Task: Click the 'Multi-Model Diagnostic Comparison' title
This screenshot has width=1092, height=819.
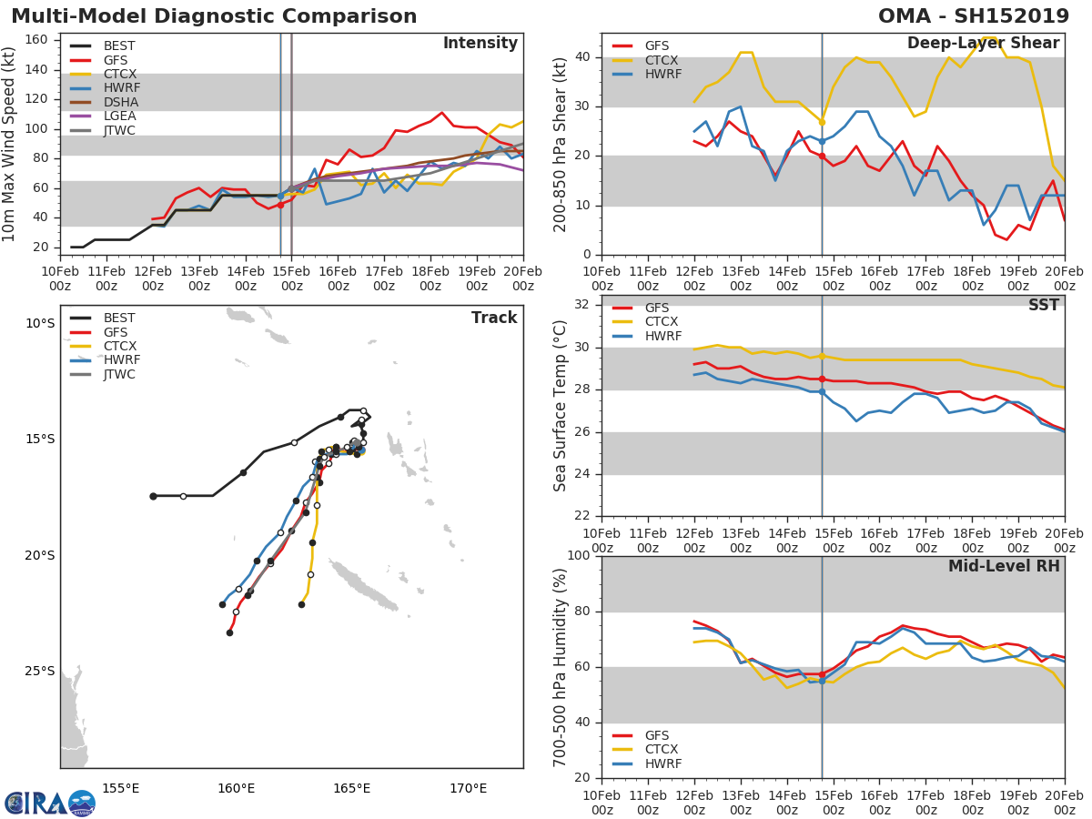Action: tap(214, 16)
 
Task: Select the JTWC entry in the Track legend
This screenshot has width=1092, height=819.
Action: tap(119, 374)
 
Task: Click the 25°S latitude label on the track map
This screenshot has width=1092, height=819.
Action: tap(39, 672)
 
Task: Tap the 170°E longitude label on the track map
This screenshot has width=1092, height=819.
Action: tap(468, 789)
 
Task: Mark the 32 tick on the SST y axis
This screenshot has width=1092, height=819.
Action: tap(582, 305)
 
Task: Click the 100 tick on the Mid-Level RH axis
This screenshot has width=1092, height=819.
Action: tap(579, 556)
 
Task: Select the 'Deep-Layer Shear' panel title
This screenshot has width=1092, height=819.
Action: tap(983, 44)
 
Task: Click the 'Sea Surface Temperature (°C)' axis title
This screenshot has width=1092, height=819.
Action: tap(561, 406)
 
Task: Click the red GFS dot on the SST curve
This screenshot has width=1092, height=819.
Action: tap(822, 379)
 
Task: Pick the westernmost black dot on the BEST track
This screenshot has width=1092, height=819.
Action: tap(153, 496)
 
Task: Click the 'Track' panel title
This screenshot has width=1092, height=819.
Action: tap(494, 318)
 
